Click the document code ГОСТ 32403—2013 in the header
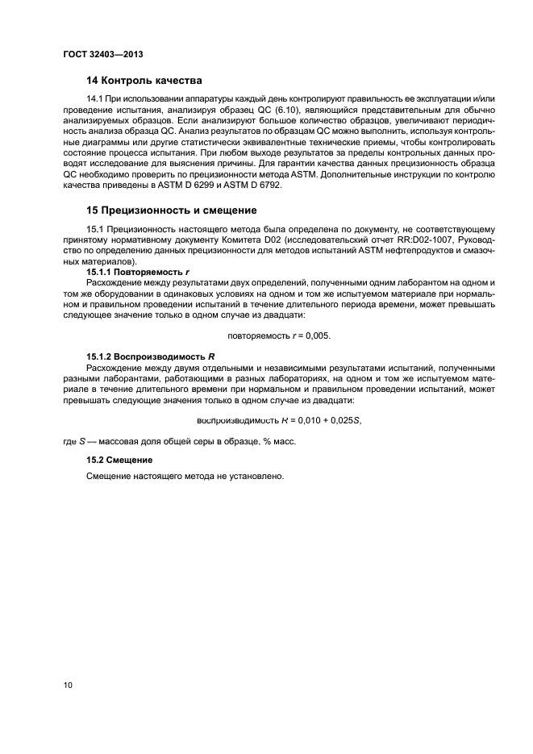click(x=97, y=54)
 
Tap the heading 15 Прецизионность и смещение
click(x=171, y=210)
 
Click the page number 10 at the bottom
click(x=68, y=685)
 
